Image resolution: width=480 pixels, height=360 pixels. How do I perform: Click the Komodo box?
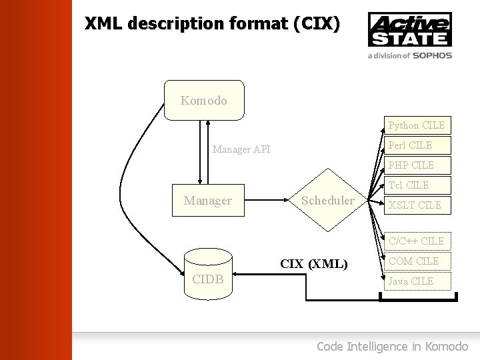pyautogui.click(x=204, y=101)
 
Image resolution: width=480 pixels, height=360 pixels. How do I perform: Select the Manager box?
pyautogui.click(x=208, y=200)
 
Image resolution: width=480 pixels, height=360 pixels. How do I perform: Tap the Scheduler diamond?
pyautogui.click(x=328, y=200)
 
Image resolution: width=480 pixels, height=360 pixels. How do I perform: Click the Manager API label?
pyautogui.click(x=241, y=149)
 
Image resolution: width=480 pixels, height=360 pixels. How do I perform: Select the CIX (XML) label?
pyautogui.click(x=314, y=264)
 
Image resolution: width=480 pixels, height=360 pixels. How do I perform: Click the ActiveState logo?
pyautogui.click(x=409, y=29)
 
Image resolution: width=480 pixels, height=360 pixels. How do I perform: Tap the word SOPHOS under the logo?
pyautogui.click(x=432, y=56)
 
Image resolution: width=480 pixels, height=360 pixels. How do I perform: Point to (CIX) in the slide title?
pyautogui.click(x=316, y=24)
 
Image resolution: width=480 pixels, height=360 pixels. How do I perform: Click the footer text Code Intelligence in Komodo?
pyautogui.click(x=392, y=346)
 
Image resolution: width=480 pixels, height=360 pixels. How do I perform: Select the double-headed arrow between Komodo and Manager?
pyautogui.click(x=208, y=151)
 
